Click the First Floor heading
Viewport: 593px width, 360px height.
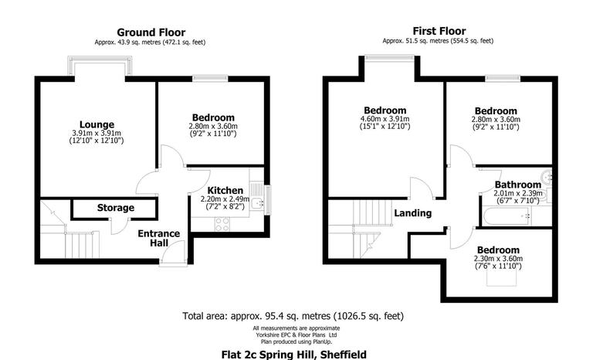(x=438, y=32)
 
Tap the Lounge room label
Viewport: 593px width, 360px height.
(x=97, y=124)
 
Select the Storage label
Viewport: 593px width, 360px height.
(x=115, y=208)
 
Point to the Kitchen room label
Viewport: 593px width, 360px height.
(x=226, y=190)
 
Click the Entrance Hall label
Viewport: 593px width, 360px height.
(x=158, y=239)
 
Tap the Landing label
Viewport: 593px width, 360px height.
(x=412, y=213)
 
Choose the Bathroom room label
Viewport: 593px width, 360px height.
(x=518, y=185)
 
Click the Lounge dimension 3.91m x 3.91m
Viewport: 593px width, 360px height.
(x=97, y=133)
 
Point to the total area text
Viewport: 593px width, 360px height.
(x=293, y=316)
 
